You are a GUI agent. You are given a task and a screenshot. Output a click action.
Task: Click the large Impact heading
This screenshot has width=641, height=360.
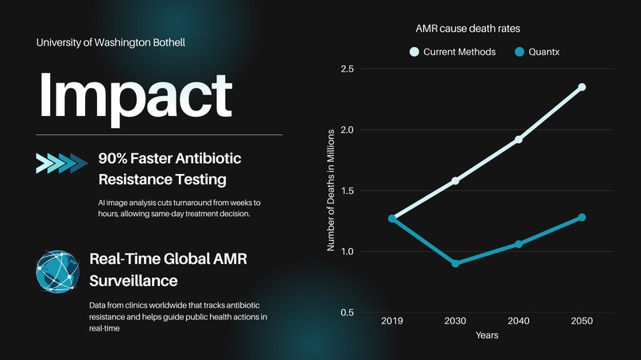[135, 95]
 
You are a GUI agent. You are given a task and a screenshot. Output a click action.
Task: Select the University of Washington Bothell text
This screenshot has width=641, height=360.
[111, 41]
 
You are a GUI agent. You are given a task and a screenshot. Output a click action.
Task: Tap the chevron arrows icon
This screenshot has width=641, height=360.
[62, 163]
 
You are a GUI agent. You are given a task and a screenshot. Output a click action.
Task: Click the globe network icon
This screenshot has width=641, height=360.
[58, 271]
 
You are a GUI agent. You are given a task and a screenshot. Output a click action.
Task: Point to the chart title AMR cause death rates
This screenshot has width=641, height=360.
[468, 29]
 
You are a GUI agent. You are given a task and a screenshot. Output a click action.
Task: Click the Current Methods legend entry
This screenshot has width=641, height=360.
[452, 52]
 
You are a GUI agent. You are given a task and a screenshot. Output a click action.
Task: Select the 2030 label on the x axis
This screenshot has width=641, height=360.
[455, 321]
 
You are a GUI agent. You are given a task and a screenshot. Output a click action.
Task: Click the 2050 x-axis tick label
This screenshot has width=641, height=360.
[581, 321]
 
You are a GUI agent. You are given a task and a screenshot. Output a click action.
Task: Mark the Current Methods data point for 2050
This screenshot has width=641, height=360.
[581, 87]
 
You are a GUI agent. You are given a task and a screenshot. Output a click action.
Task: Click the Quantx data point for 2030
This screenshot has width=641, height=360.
[455, 263]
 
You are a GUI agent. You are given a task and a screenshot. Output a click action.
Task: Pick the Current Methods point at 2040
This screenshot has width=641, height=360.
[519, 139]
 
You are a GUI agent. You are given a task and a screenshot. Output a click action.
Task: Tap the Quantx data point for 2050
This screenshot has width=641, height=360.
[581, 217]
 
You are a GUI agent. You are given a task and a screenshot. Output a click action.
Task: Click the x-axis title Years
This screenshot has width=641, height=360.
[487, 335]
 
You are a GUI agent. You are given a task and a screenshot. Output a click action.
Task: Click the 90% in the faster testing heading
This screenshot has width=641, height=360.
[114, 158]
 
